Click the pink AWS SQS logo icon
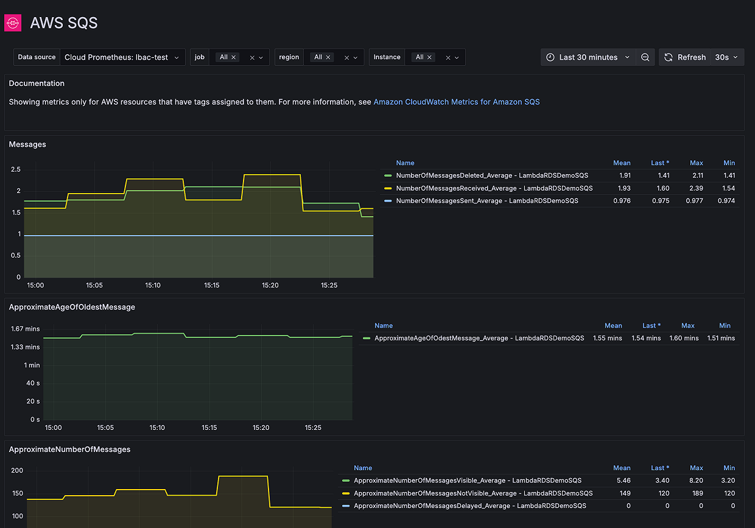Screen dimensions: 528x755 pos(13,23)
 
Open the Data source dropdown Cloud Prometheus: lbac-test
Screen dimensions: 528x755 pos(122,57)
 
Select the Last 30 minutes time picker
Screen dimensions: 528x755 pos(588,57)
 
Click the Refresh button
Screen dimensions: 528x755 pos(685,57)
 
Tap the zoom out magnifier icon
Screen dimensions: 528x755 pos(645,57)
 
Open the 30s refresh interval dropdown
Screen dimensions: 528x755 pos(726,57)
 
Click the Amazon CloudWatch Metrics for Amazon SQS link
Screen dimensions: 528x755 pos(456,102)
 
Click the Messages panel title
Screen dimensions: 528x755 pos(27,144)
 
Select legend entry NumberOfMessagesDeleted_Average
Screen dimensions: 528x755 pos(491,175)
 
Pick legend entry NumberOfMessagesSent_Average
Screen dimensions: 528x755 pos(486,200)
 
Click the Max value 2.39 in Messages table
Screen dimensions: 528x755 pos(697,188)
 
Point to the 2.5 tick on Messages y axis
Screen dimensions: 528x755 pos(15,169)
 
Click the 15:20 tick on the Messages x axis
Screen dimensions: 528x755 pos(270,285)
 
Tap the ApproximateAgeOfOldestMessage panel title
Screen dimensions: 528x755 pos(72,307)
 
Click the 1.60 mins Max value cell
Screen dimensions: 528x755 pos(684,338)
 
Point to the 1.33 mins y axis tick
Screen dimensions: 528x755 pos(25,347)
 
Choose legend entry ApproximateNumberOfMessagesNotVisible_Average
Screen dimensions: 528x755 pos(472,493)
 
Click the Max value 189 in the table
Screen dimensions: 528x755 pos(697,493)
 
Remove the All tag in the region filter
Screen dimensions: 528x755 pos(328,57)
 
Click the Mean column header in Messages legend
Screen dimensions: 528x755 pos(622,163)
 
